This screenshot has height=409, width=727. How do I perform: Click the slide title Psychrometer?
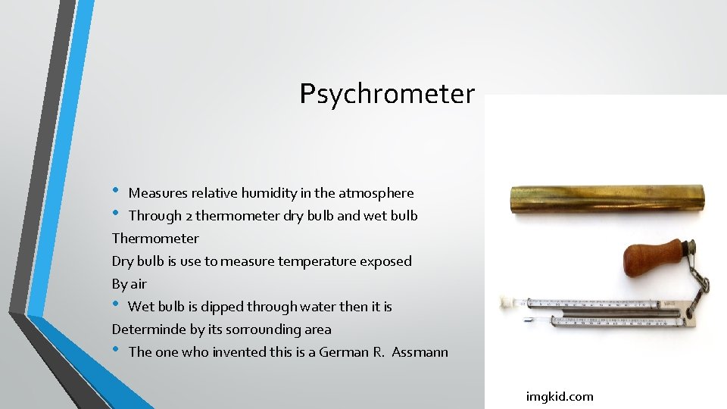(x=387, y=94)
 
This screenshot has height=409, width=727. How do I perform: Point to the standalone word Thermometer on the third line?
(x=155, y=239)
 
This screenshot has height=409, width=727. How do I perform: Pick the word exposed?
(x=387, y=261)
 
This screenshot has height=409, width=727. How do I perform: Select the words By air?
(x=129, y=284)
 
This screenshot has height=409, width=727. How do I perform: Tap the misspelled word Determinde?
(x=145, y=329)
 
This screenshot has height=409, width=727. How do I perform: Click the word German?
(x=344, y=352)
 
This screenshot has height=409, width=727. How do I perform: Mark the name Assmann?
(x=420, y=352)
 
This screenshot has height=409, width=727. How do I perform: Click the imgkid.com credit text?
(x=560, y=396)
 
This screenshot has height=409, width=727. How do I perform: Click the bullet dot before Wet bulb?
(x=117, y=304)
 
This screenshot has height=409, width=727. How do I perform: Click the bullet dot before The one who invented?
(x=117, y=350)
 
